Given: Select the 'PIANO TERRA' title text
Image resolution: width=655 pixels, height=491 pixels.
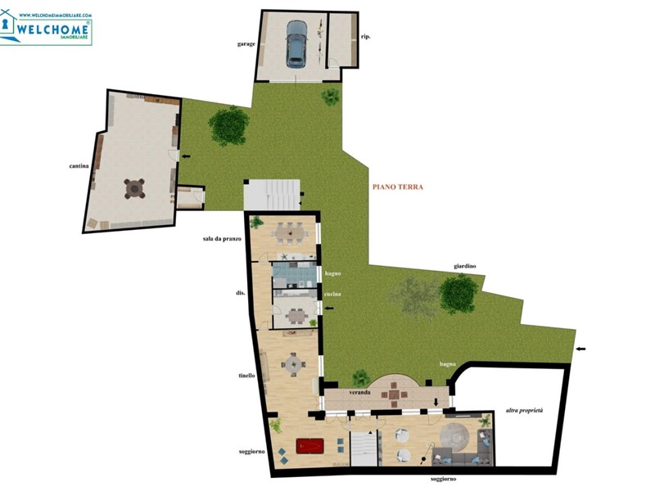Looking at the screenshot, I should pyautogui.click(x=398, y=187).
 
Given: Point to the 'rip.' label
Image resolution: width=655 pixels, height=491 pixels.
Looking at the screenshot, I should pyautogui.click(x=366, y=37).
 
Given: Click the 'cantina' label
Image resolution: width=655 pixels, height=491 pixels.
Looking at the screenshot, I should pyautogui.click(x=79, y=167).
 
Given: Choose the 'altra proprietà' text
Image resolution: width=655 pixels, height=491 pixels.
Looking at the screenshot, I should pyautogui.click(x=524, y=410).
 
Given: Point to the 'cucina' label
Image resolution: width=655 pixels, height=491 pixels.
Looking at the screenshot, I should pyautogui.click(x=332, y=293).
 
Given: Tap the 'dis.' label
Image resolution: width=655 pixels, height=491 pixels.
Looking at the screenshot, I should pyautogui.click(x=241, y=293).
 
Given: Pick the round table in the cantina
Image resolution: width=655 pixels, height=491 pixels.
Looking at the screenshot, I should pyautogui.click(x=134, y=188).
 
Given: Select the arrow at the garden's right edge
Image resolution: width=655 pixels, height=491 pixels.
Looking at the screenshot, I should pyautogui.click(x=581, y=350).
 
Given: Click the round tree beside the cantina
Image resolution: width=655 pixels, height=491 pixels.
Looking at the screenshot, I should pyautogui.click(x=228, y=124).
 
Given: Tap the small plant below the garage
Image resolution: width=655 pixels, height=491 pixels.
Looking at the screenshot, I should pyautogui.click(x=331, y=97).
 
